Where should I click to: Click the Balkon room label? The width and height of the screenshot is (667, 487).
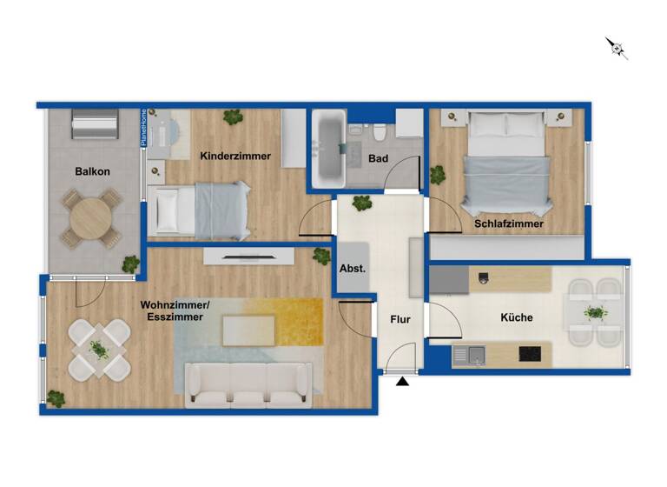point(92,171)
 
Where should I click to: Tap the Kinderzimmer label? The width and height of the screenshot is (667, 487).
point(235,157)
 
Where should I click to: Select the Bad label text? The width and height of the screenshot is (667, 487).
point(378,159)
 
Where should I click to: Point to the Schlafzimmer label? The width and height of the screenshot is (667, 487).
point(509,223)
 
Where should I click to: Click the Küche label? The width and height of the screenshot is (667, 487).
point(517,317)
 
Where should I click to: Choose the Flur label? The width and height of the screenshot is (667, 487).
point(400,319)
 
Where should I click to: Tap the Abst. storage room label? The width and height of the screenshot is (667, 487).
point(353,269)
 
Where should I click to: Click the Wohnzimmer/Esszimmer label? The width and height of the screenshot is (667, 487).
point(175,311)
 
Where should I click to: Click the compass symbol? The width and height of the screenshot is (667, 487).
point(617,47)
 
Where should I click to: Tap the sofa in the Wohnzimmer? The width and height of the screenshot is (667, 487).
point(249,384)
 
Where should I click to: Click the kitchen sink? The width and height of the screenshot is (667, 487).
point(474,354)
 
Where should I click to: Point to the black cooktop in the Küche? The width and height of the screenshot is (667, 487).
point(531,354)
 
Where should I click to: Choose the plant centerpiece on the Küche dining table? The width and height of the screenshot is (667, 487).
point(595,312)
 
